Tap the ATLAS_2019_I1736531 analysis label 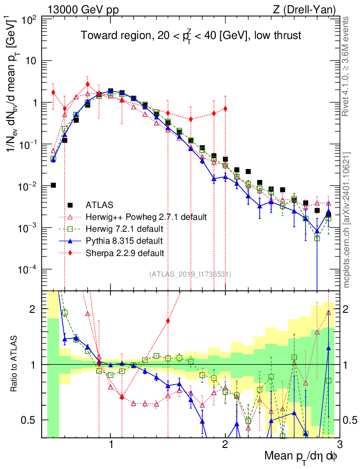190,274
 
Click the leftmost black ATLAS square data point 53,185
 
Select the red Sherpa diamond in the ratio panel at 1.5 168,321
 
